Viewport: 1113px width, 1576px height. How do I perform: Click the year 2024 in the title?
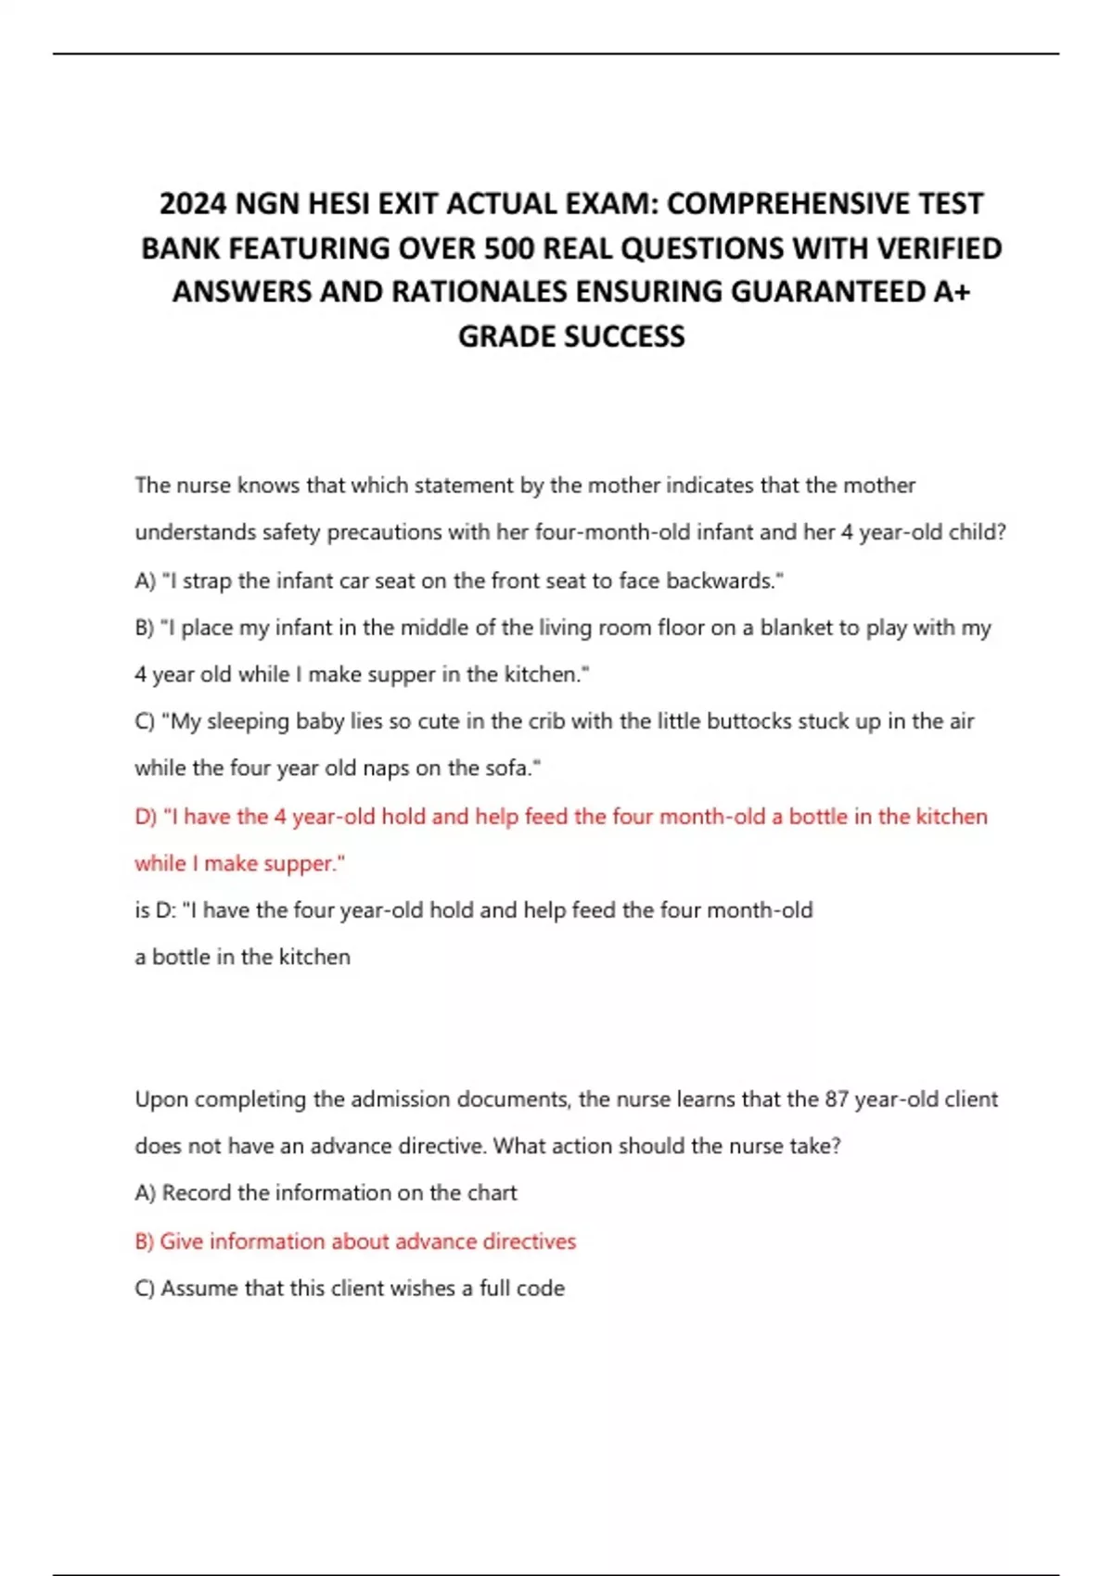pyautogui.click(x=193, y=203)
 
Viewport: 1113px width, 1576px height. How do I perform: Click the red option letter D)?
pyautogui.click(x=146, y=817)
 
